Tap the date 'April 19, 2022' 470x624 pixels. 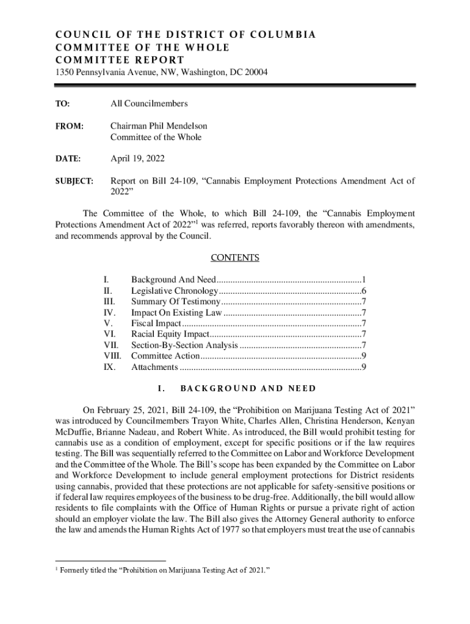click(x=137, y=158)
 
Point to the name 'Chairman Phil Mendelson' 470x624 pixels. click(x=159, y=126)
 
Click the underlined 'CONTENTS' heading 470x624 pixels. click(x=235, y=258)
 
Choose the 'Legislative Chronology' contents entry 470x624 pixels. click(x=174, y=291)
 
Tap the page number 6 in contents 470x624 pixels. click(x=363, y=291)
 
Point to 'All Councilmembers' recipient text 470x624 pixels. click(x=148, y=104)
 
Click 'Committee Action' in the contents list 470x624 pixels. click(x=165, y=356)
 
